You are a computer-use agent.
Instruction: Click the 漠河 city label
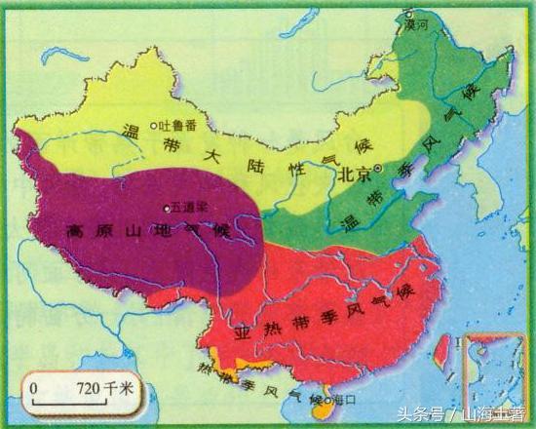(418, 25)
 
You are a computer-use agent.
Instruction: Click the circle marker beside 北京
(380, 169)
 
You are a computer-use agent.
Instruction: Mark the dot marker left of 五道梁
(167, 207)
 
